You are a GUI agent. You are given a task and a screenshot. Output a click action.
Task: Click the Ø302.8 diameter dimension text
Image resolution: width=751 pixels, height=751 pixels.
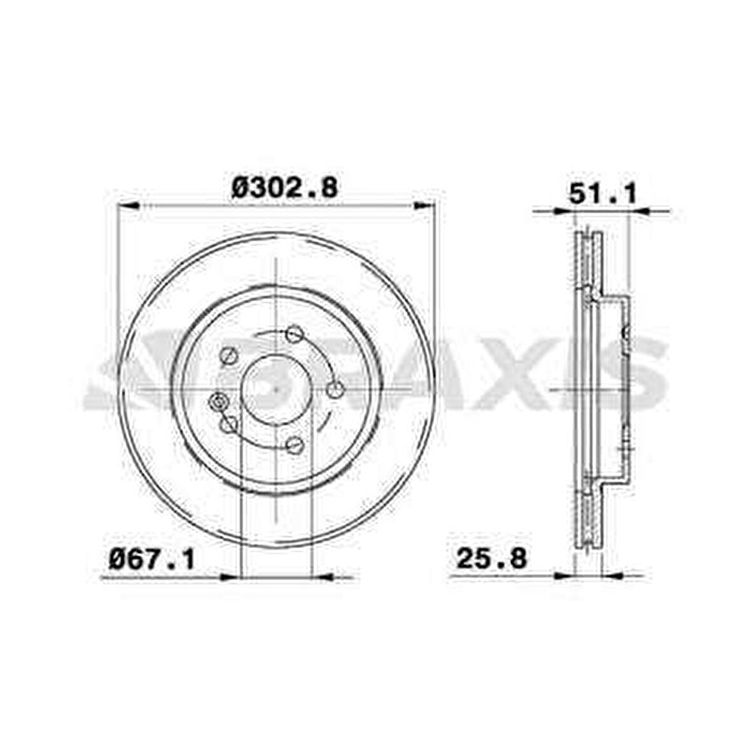[284, 188]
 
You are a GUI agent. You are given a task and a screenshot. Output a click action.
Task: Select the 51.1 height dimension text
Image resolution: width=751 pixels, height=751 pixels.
[602, 195]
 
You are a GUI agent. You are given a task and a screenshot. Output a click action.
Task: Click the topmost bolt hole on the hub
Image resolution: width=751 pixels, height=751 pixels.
[293, 333]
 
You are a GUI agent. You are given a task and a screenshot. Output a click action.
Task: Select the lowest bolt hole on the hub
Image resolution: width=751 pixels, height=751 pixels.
[293, 445]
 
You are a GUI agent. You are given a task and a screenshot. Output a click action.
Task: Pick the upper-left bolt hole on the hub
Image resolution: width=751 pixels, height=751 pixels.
[228, 356]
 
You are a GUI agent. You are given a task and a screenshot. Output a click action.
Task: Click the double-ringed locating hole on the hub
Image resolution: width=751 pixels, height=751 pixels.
[219, 401]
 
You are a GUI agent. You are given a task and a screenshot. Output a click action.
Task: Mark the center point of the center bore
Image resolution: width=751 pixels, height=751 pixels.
[276, 389]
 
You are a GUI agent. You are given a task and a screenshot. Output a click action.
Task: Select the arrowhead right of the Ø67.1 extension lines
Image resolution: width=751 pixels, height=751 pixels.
[325, 577]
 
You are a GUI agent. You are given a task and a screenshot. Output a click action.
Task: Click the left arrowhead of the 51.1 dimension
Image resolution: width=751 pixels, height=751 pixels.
[564, 211]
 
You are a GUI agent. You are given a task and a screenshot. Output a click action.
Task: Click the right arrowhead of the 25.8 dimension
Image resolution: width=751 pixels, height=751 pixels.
[611, 575]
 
